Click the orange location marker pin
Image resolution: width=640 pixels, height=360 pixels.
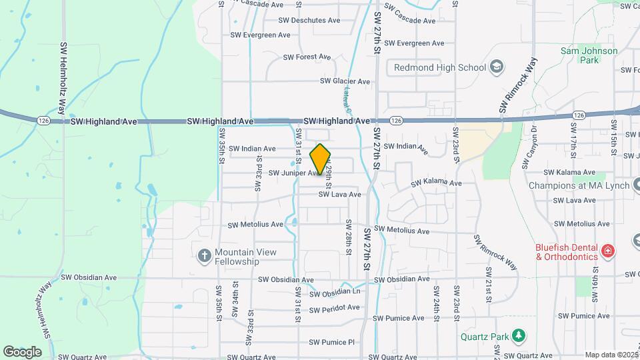coord(320,159)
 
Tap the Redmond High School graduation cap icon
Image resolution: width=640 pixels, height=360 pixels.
coord(496,67)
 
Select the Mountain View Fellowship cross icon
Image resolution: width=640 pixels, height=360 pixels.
coord(205,255)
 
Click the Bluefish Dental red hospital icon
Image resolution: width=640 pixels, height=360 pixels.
coord(607,251)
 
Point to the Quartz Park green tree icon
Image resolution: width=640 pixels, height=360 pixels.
coord(516,336)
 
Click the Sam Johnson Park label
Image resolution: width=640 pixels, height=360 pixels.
coord(589,55)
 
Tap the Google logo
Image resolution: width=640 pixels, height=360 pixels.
coord(22,351)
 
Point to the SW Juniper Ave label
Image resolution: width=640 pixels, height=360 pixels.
coord(295,173)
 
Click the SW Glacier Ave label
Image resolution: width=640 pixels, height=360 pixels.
coord(345,81)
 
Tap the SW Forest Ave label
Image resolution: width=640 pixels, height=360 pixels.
coord(307,57)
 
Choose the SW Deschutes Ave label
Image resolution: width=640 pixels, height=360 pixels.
coord(309,20)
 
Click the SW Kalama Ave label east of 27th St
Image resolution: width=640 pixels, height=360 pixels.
coord(436,183)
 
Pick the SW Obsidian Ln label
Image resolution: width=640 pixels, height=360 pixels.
coord(336,293)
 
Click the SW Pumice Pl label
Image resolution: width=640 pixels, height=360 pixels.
coord(331,343)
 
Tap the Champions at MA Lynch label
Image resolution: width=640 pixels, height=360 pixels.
coord(579,185)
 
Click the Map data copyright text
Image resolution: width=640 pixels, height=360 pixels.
coord(611,355)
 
